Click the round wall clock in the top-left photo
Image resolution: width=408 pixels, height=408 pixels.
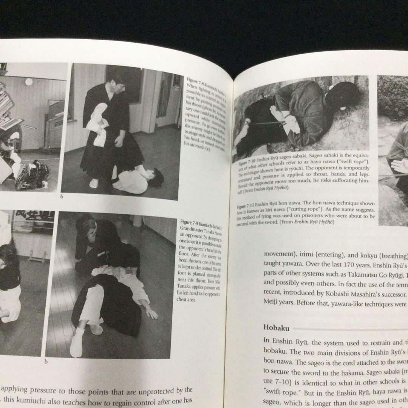click(29, 82)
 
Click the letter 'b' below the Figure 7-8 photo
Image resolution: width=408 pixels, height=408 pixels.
click(62, 196)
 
